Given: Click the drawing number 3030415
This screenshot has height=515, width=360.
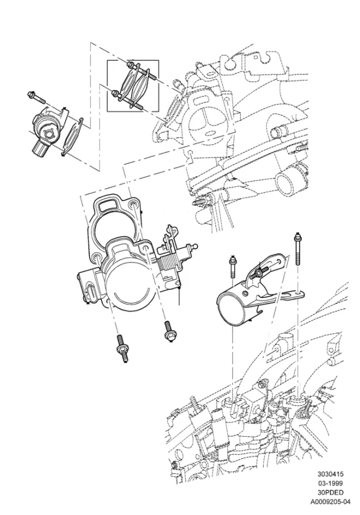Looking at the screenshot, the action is click(x=330, y=474).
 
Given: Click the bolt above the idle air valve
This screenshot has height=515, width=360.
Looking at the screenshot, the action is click(x=36, y=97).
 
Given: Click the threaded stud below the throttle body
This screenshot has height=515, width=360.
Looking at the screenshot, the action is click(x=121, y=348).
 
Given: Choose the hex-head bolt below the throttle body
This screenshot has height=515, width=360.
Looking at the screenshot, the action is click(x=168, y=331).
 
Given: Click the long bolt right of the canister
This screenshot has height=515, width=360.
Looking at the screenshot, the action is click(x=298, y=249).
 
